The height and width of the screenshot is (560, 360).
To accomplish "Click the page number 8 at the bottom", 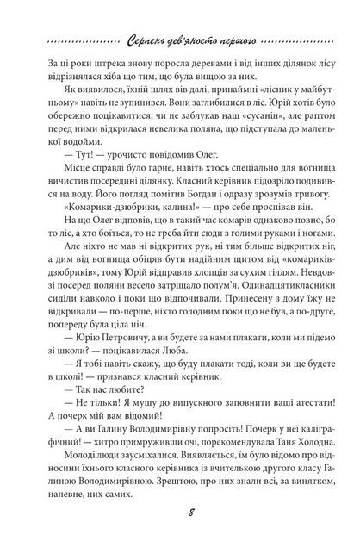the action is (181, 538).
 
